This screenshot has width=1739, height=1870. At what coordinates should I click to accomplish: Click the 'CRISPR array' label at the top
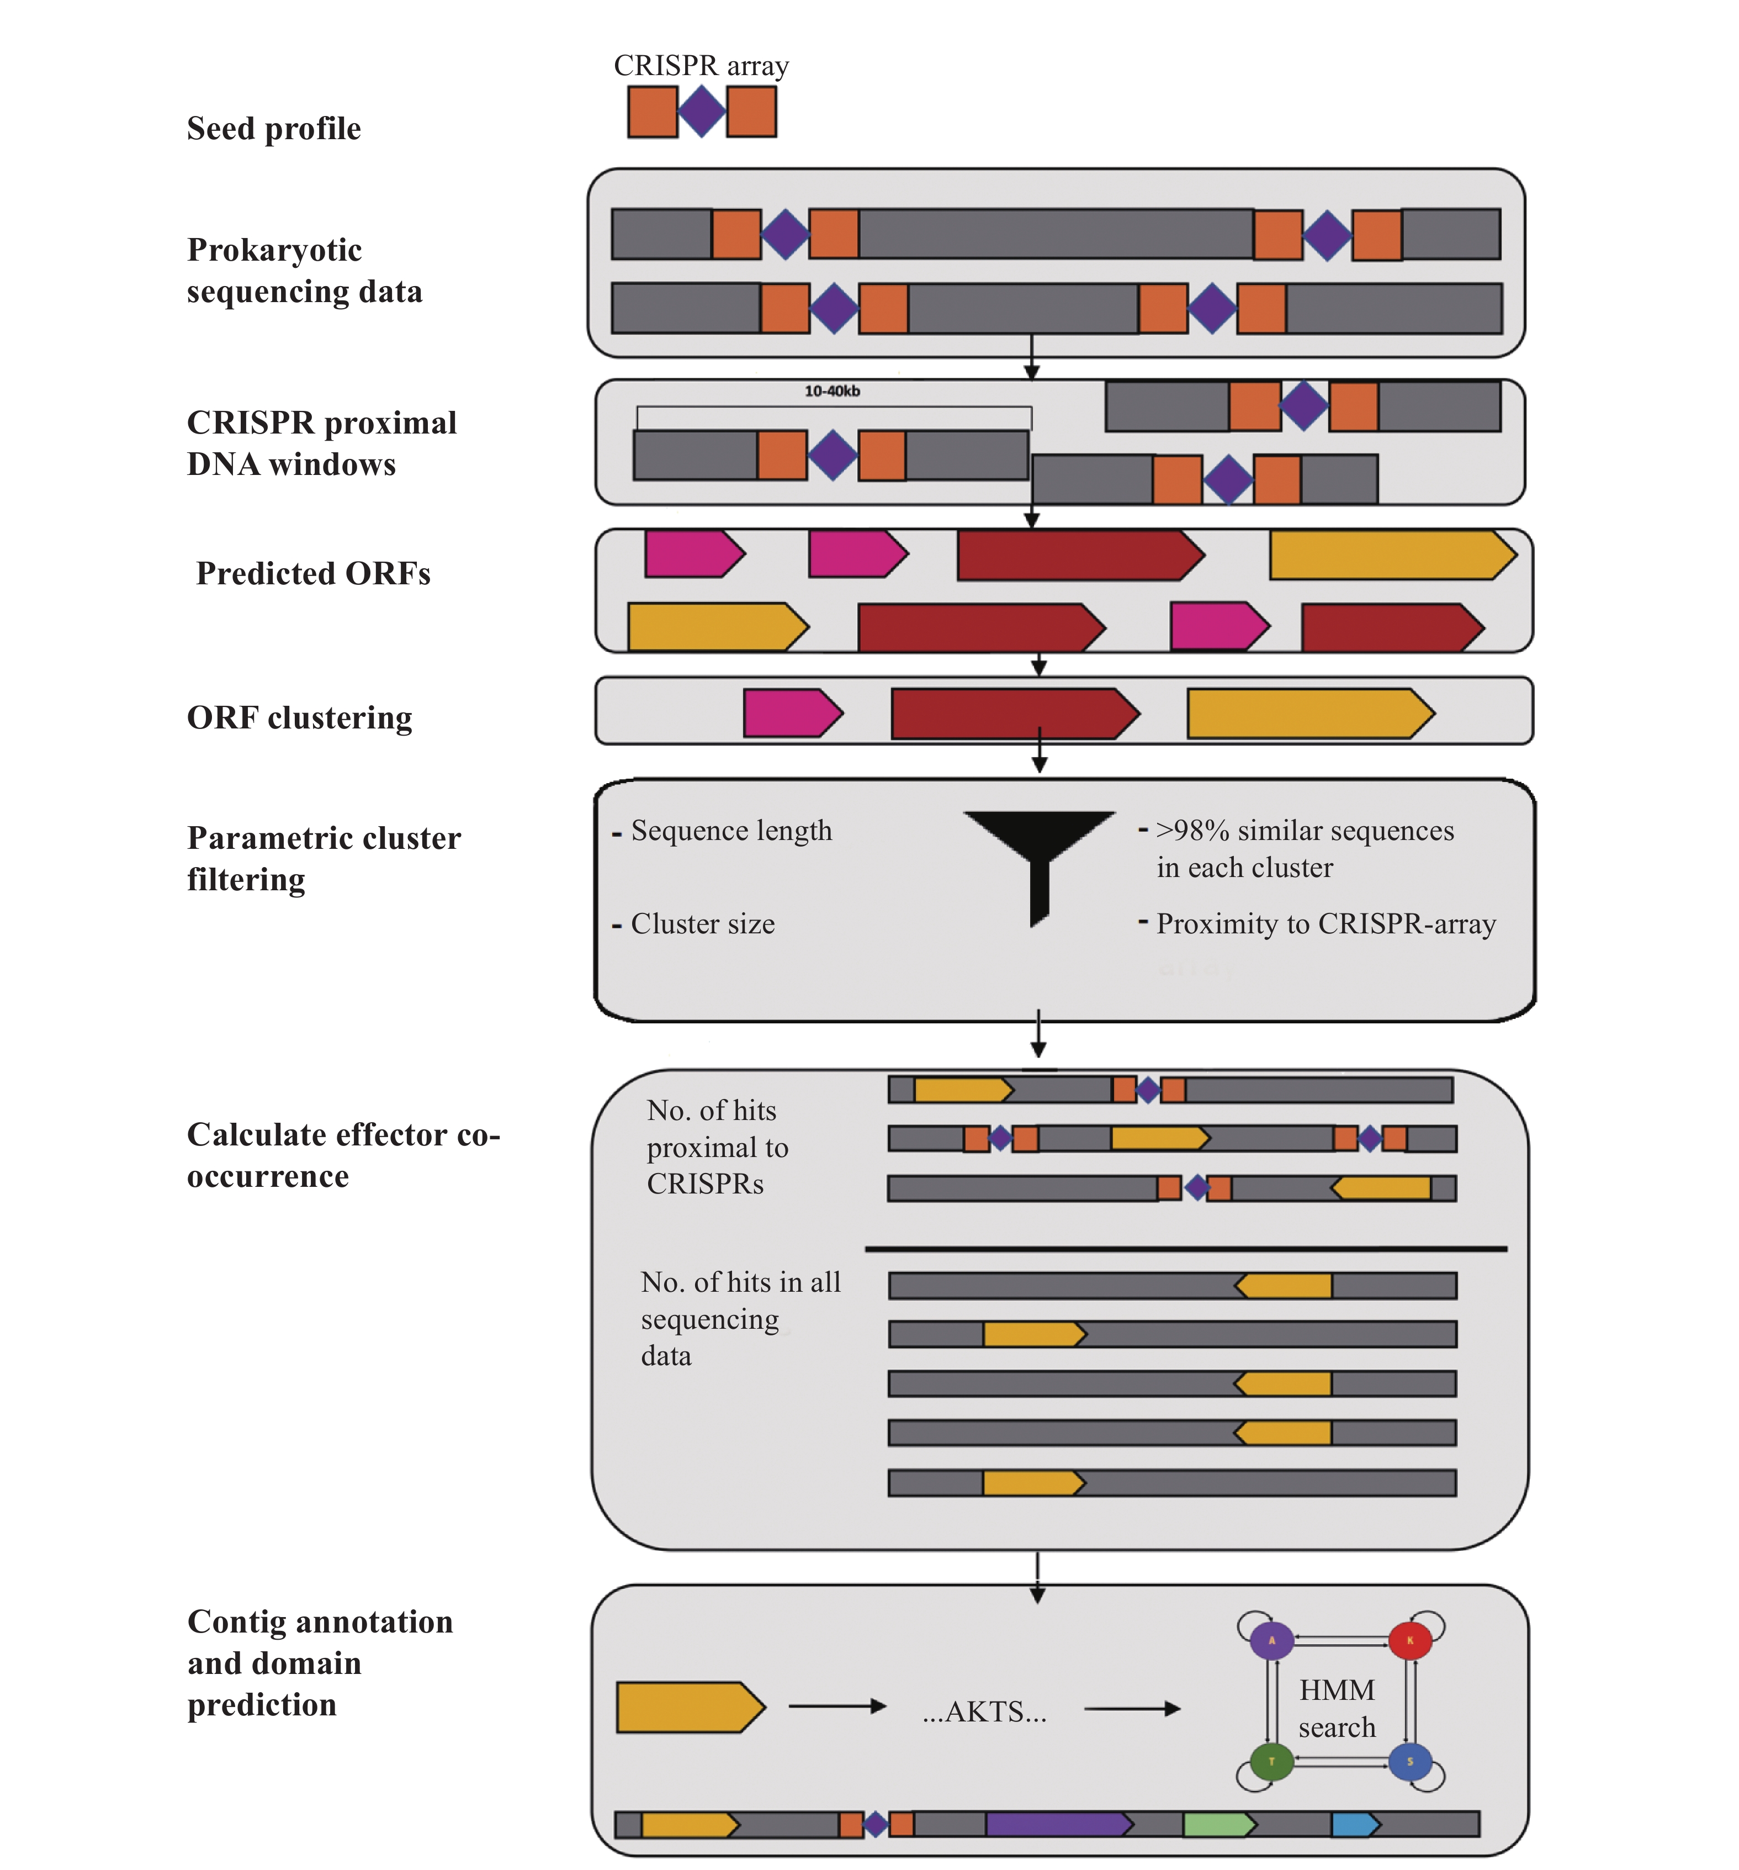(x=701, y=66)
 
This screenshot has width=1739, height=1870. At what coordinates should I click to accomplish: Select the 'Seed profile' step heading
(x=274, y=128)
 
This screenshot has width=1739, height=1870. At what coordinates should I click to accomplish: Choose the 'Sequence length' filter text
(x=731, y=831)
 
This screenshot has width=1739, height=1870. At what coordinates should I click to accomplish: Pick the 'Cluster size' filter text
(x=703, y=924)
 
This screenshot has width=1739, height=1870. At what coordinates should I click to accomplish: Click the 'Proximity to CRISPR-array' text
(x=1325, y=924)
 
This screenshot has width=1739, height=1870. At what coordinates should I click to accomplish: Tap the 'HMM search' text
(x=1337, y=1708)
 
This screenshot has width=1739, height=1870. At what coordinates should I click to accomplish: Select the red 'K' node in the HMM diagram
(x=1410, y=1640)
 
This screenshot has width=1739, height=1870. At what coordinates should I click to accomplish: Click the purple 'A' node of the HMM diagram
(x=1271, y=1640)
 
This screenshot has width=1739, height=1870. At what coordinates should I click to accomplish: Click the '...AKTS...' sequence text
(x=984, y=1711)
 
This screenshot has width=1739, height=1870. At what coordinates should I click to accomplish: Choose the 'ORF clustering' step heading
(x=299, y=718)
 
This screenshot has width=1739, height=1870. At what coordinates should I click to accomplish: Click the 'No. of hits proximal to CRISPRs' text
(x=717, y=1147)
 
